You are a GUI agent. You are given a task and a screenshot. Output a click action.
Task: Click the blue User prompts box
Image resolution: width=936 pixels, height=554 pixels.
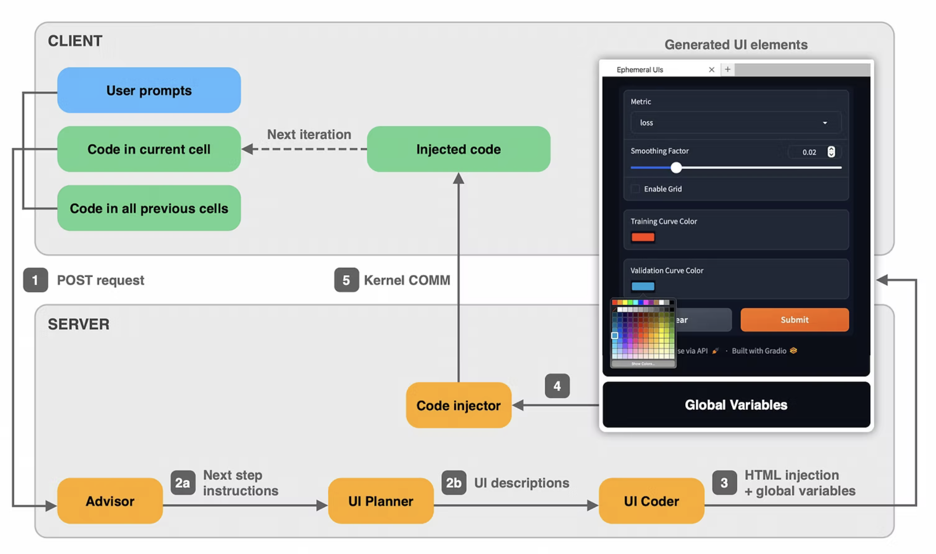[x=149, y=90]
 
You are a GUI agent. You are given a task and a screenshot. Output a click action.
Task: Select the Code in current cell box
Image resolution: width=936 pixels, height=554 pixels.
[x=149, y=149]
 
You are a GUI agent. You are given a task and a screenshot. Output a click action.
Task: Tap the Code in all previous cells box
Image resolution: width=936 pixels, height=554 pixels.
[x=149, y=208]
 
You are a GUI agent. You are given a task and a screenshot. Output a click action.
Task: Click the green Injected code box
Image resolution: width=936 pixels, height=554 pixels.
[x=458, y=149]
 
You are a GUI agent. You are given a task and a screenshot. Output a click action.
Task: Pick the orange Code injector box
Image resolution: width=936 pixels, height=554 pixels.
[x=458, y=405]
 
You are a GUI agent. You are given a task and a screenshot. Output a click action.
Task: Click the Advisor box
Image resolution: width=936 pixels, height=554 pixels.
[x=110, y=501]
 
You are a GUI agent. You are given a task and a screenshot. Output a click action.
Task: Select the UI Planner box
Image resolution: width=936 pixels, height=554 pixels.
[x=380, y=501]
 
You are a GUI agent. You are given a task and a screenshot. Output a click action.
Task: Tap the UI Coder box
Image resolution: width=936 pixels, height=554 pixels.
[x=651, y=501]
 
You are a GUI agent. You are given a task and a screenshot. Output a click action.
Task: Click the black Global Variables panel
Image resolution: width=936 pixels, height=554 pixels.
[x=736, y=405]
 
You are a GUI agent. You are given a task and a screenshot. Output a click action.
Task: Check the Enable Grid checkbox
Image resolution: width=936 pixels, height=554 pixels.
[x=635, y=189]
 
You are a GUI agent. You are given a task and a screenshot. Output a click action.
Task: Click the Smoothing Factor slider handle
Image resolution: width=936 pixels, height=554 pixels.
[x=676, y=168]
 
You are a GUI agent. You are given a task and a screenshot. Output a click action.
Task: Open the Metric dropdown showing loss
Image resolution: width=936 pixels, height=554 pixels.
[x=736, y=123]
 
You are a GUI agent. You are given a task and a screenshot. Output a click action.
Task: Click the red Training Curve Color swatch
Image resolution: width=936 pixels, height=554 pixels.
[x=643, y=237]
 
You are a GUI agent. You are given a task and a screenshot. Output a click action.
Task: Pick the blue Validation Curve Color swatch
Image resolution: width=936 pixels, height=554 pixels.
[x=643, y=286]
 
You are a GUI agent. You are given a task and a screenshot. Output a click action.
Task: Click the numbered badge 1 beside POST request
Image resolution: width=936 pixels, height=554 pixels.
[x=36, y=280]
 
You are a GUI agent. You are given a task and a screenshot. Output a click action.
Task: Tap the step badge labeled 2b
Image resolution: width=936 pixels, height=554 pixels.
[x=454, y=483]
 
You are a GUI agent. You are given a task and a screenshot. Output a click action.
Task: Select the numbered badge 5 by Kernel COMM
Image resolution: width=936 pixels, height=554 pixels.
[x=346, y=280]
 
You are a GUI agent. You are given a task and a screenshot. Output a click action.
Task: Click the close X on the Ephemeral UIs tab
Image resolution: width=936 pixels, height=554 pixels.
[x=711, y=69]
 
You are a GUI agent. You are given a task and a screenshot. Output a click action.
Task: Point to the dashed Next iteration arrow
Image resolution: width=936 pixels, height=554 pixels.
[x=306, y=149]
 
